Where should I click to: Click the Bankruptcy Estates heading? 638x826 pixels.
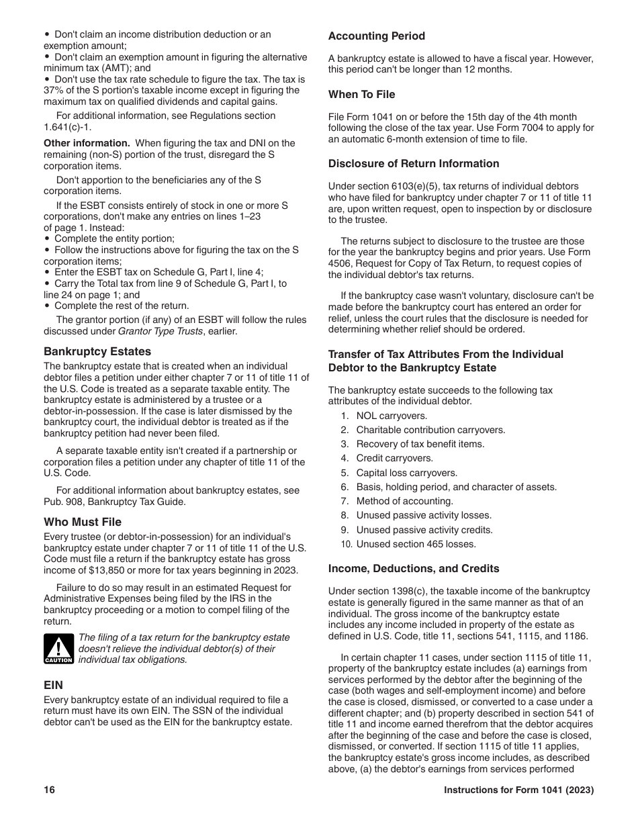click(x=97, y=351)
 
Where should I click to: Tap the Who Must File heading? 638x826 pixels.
click(x=83, y=522)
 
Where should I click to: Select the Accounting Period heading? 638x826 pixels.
click(x=376, y=36)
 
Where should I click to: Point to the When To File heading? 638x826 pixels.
click(x=361, y=95)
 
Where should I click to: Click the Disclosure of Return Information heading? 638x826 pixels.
click(x=413, y=164)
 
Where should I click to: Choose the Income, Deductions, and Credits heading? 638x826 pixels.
click(x=413, y=569)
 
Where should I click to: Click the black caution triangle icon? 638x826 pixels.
click(x=58, y=649)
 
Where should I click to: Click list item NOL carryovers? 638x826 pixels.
click(x=392, y=416)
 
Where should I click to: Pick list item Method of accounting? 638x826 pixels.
click(x=404, y=501)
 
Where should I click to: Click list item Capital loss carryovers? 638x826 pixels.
click(x=406, y=473)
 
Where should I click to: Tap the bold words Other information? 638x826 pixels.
click(x=87, y=143)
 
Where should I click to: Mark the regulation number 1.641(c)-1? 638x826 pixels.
click(x=67, y=127)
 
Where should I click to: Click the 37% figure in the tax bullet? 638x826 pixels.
click(x=54, y=91)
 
